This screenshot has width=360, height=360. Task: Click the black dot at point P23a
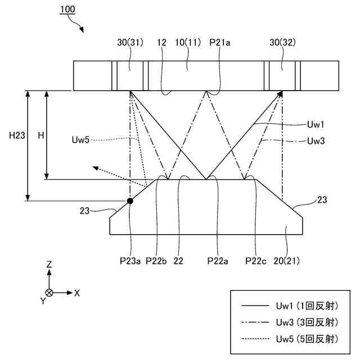130,200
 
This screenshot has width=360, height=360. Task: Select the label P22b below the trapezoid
156,260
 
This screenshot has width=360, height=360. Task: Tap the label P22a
218,260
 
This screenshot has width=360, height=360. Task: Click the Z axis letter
49,264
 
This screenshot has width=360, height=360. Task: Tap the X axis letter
77,292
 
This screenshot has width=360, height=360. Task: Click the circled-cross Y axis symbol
49,292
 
